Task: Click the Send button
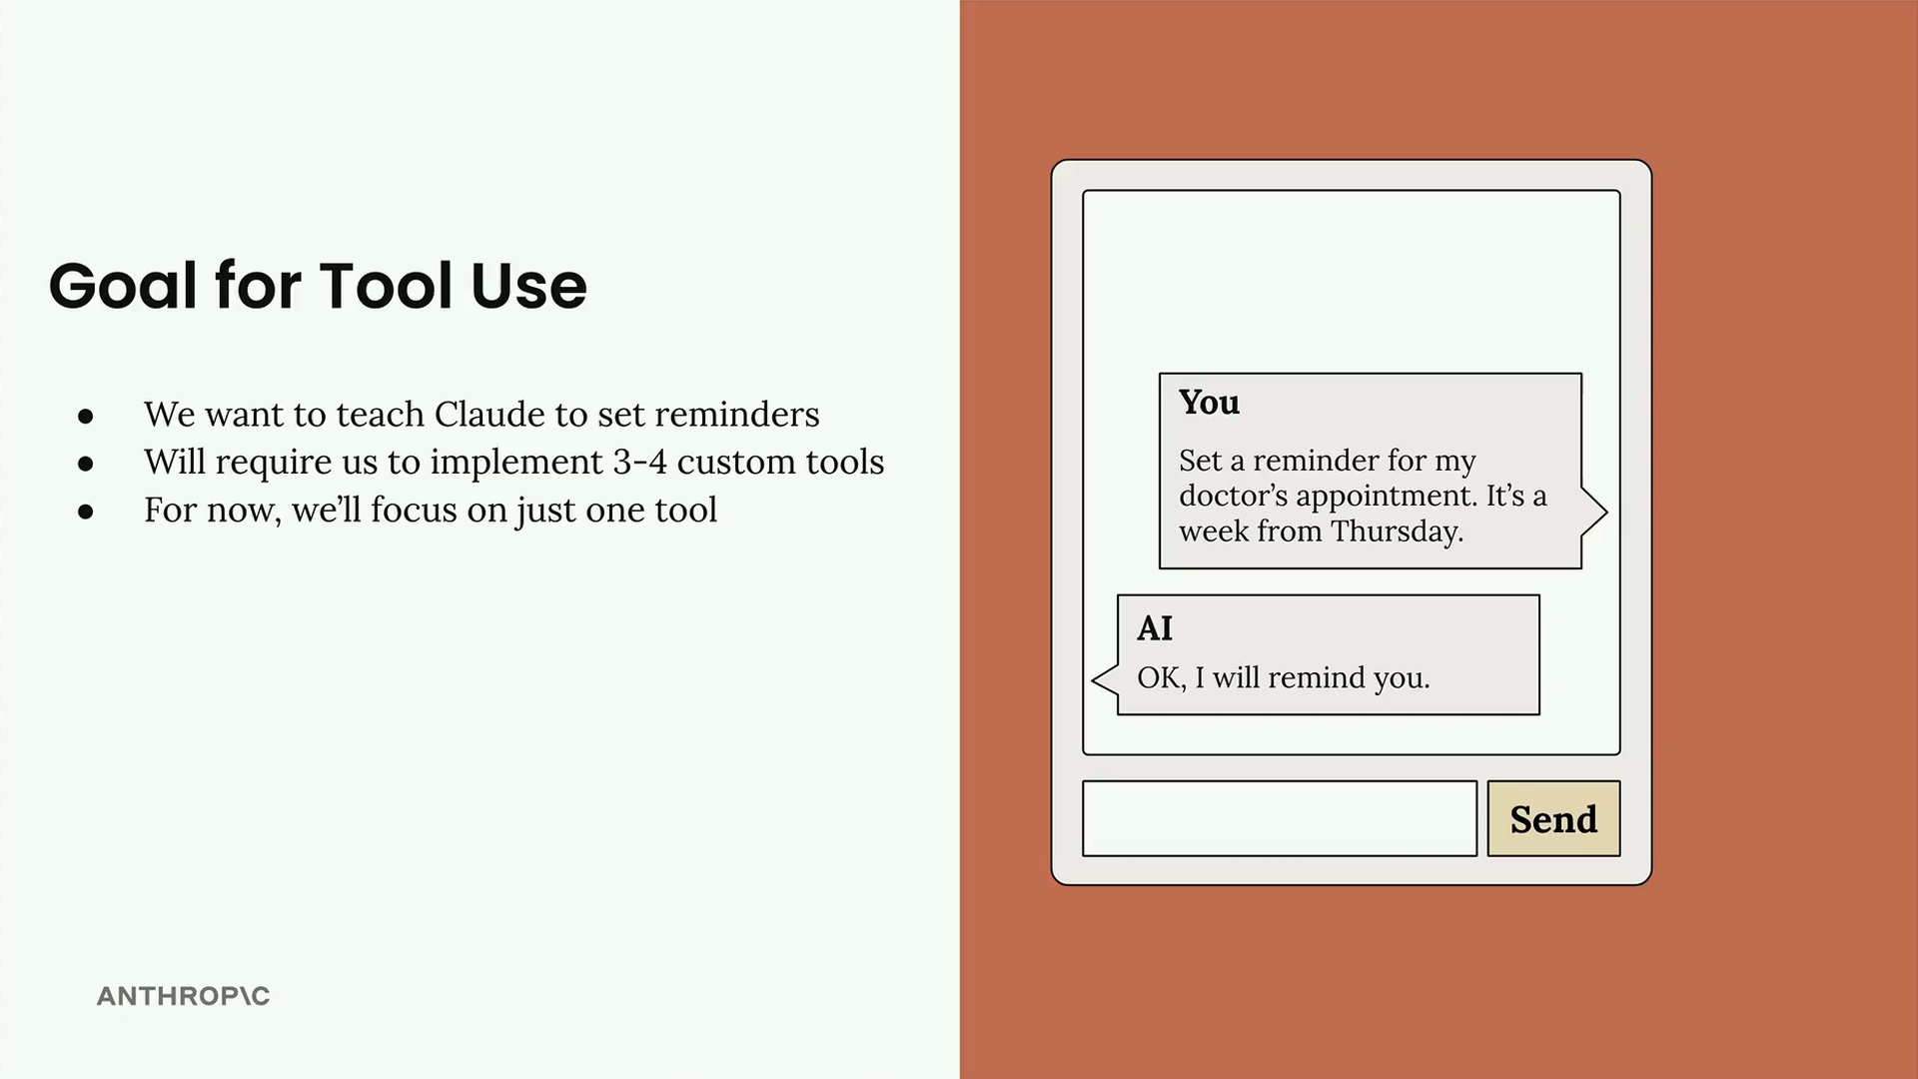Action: (x=1553, y=818)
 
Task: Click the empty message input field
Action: (x=1280, y=818)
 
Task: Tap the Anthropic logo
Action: (x=184, y=996)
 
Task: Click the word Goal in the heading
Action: (x=123, y=286)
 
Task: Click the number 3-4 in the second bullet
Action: (x=639, y=462)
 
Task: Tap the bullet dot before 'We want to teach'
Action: (x=86, y=416)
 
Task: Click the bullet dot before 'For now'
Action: (x=86, y=512)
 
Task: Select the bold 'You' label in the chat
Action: (x=1210, y=402)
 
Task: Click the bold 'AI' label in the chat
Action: (x=1155, y=628)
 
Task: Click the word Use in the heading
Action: (x=528, y=286)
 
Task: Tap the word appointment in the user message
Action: (x=1400, y=497)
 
